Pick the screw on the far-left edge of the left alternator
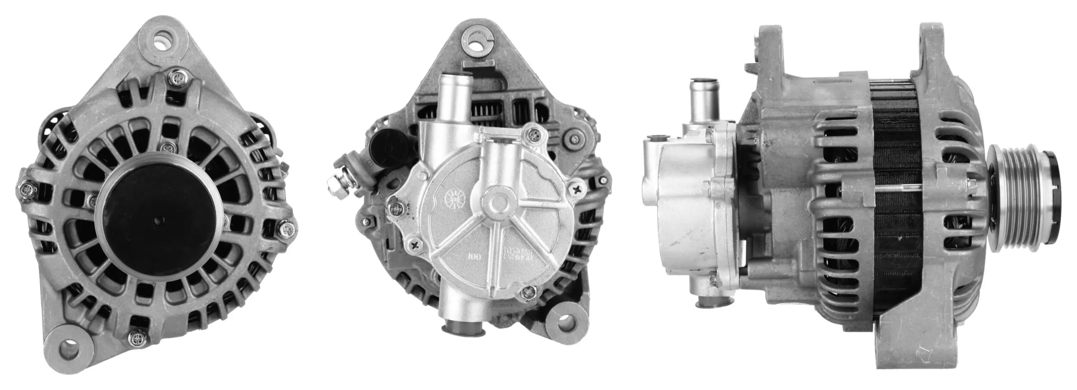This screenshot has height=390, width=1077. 27,188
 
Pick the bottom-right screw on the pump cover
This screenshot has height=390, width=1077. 527,294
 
